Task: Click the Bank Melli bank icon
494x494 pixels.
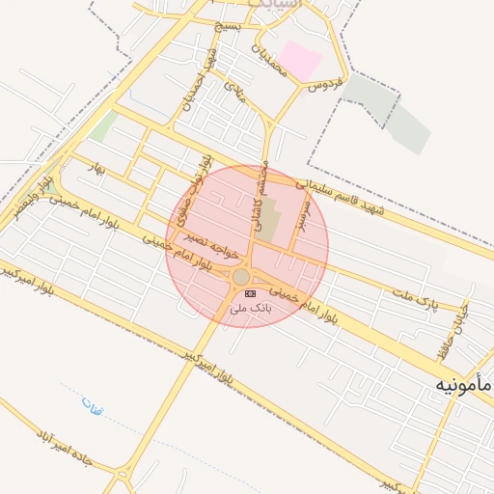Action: click(x=251, y=293)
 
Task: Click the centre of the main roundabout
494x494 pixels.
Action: click(x=241, y=278)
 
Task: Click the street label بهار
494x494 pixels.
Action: click(x=94, y=167)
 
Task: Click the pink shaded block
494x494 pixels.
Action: click(x=301, y=60)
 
